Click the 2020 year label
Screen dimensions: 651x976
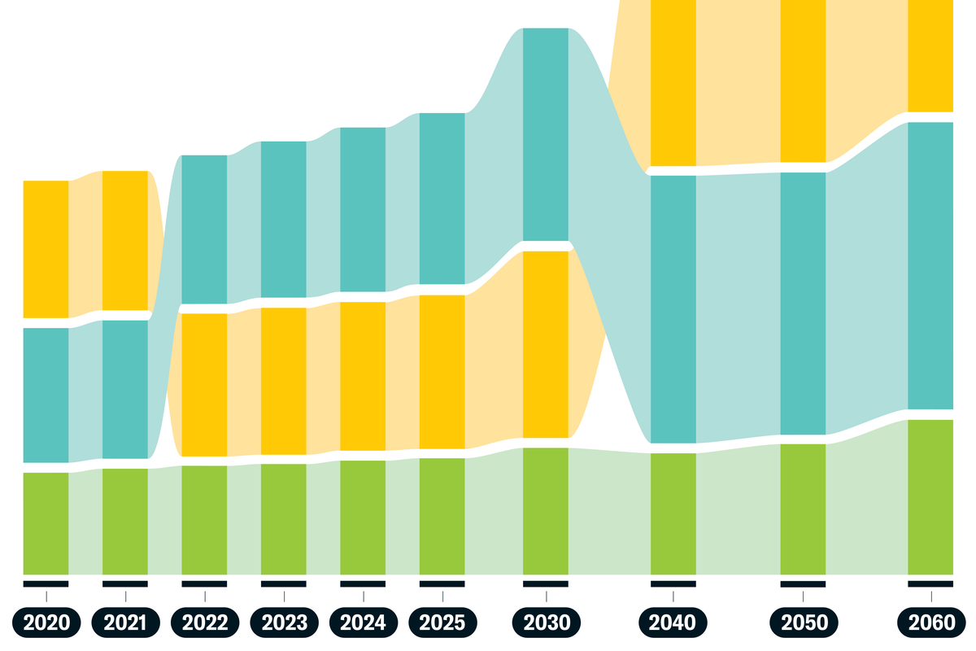pyautogui.click(x=46, y=623)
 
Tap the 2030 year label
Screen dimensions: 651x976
pyautogui.click(x=546, y=623)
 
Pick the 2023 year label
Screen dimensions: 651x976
pyautogui.click(x=284, y=623)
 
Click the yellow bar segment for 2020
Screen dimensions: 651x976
pyautogui.click(x=46, y=249)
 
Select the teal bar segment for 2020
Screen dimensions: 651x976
pyautogui.click(x=46, y=395)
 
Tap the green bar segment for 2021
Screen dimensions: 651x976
pyautogui.click(x=125, y=522)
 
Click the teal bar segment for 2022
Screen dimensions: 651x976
pyautogui.click(x=204, y=229)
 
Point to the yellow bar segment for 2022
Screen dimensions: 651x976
pyautogui.click(x=204, y=385)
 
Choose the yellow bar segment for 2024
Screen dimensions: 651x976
pyautogui.click(x=363, y=376)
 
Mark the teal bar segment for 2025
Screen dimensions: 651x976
pyautogui.click(x=442, y=198)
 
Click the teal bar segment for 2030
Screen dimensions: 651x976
pyautogui.click(x=546, y=134)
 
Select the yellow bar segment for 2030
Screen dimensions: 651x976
pyautogui.click(x=546, y=344)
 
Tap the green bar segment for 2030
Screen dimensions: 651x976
pyautogui.click(x=546, y=511)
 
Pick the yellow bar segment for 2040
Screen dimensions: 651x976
pyautogui.click(x=673, y=82)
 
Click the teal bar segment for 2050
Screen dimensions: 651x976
pyautogui.click(x=803, y=304)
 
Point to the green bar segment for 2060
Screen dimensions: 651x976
pyautogui.click(x=930, y=497)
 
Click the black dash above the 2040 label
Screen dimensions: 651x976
pyautogui.click(x=673, y=583)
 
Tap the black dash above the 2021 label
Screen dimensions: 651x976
pyautogui.click(x=125, y=583)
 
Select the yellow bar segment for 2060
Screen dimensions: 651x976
pyautogui.click(x=930, y=55)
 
